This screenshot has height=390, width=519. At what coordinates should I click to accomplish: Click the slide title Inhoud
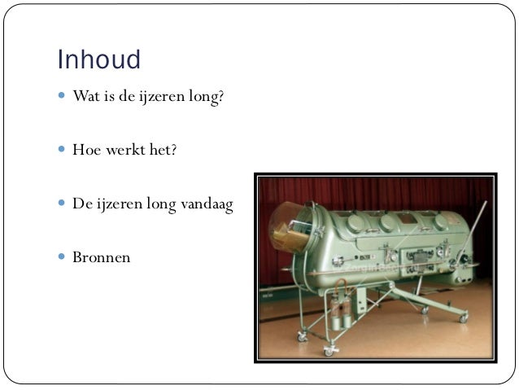(98, 60)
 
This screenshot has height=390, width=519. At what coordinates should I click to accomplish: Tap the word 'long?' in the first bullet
(205, 97)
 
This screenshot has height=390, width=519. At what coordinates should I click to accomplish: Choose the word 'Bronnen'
(101, 258)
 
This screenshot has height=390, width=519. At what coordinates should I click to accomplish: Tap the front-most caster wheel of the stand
(329, 351)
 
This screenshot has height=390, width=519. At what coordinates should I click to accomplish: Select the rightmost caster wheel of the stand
(463, 318)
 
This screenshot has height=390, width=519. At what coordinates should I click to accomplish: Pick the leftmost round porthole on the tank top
(355, 220)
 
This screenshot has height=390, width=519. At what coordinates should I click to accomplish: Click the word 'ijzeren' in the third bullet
(121, 204)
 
